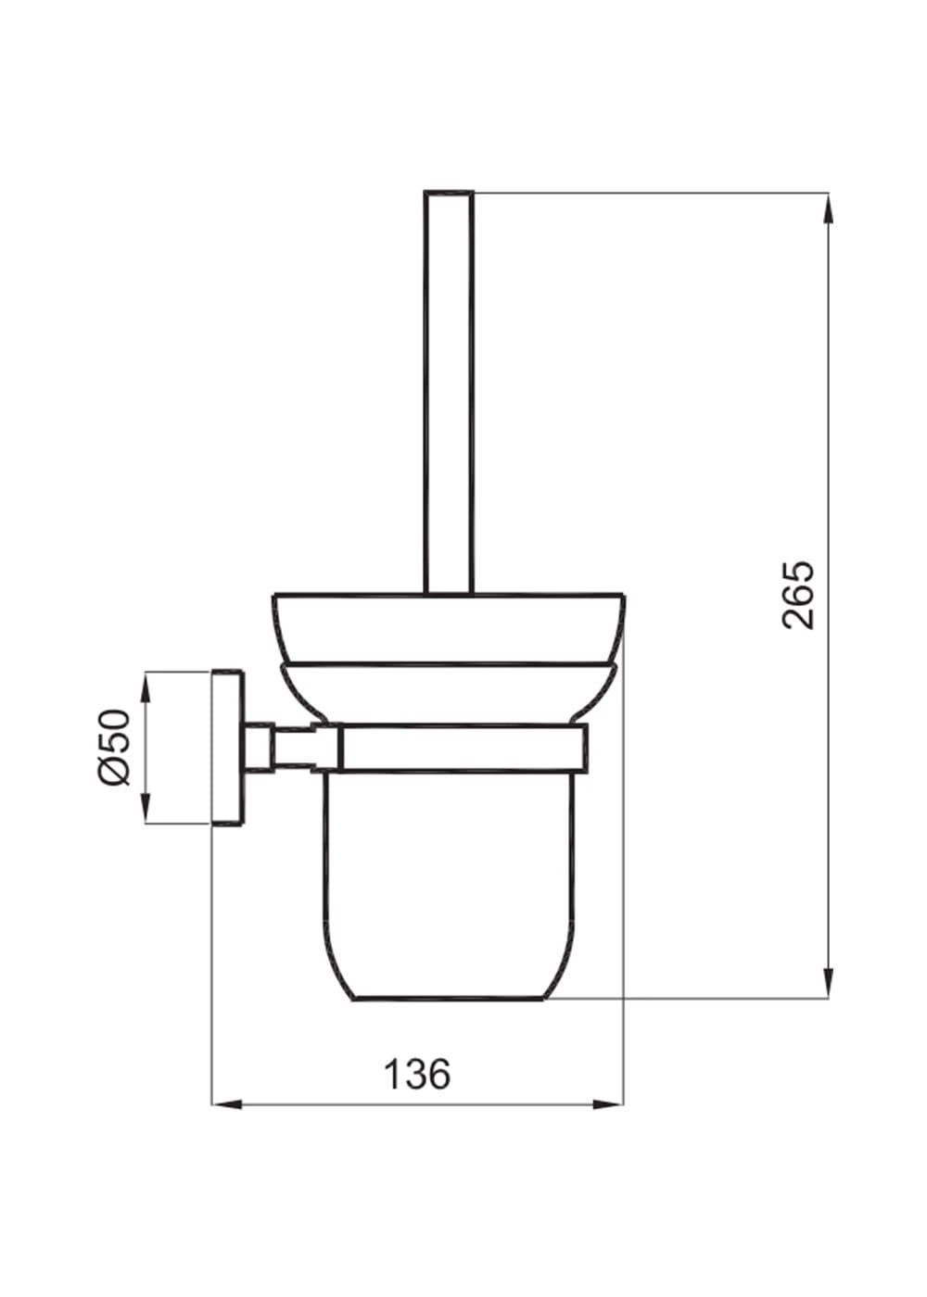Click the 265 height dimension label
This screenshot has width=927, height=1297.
coord(798,594)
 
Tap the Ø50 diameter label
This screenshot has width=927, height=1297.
coord(113,747)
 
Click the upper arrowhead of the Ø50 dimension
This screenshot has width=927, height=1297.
coord(146,687)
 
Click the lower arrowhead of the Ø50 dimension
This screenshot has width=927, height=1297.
coord(146,806)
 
